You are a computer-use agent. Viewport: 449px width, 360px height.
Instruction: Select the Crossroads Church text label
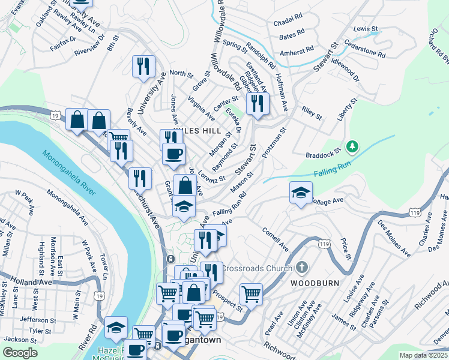coord(256,268)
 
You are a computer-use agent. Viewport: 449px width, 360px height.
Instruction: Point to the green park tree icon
coord(354,145)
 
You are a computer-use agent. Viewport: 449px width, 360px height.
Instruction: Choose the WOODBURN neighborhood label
coord(315,283)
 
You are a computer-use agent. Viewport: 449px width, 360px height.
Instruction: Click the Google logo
coord(20,352)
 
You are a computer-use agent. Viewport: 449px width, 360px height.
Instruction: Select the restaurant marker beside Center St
coord(258,103)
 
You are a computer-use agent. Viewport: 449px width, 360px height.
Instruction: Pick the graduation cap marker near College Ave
coord(301,193)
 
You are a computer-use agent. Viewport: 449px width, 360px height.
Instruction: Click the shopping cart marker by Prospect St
coord(251,294)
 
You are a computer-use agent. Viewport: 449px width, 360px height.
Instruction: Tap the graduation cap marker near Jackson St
coord(116,327)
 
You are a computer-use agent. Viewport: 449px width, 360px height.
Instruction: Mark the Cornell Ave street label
coord(276,239)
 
